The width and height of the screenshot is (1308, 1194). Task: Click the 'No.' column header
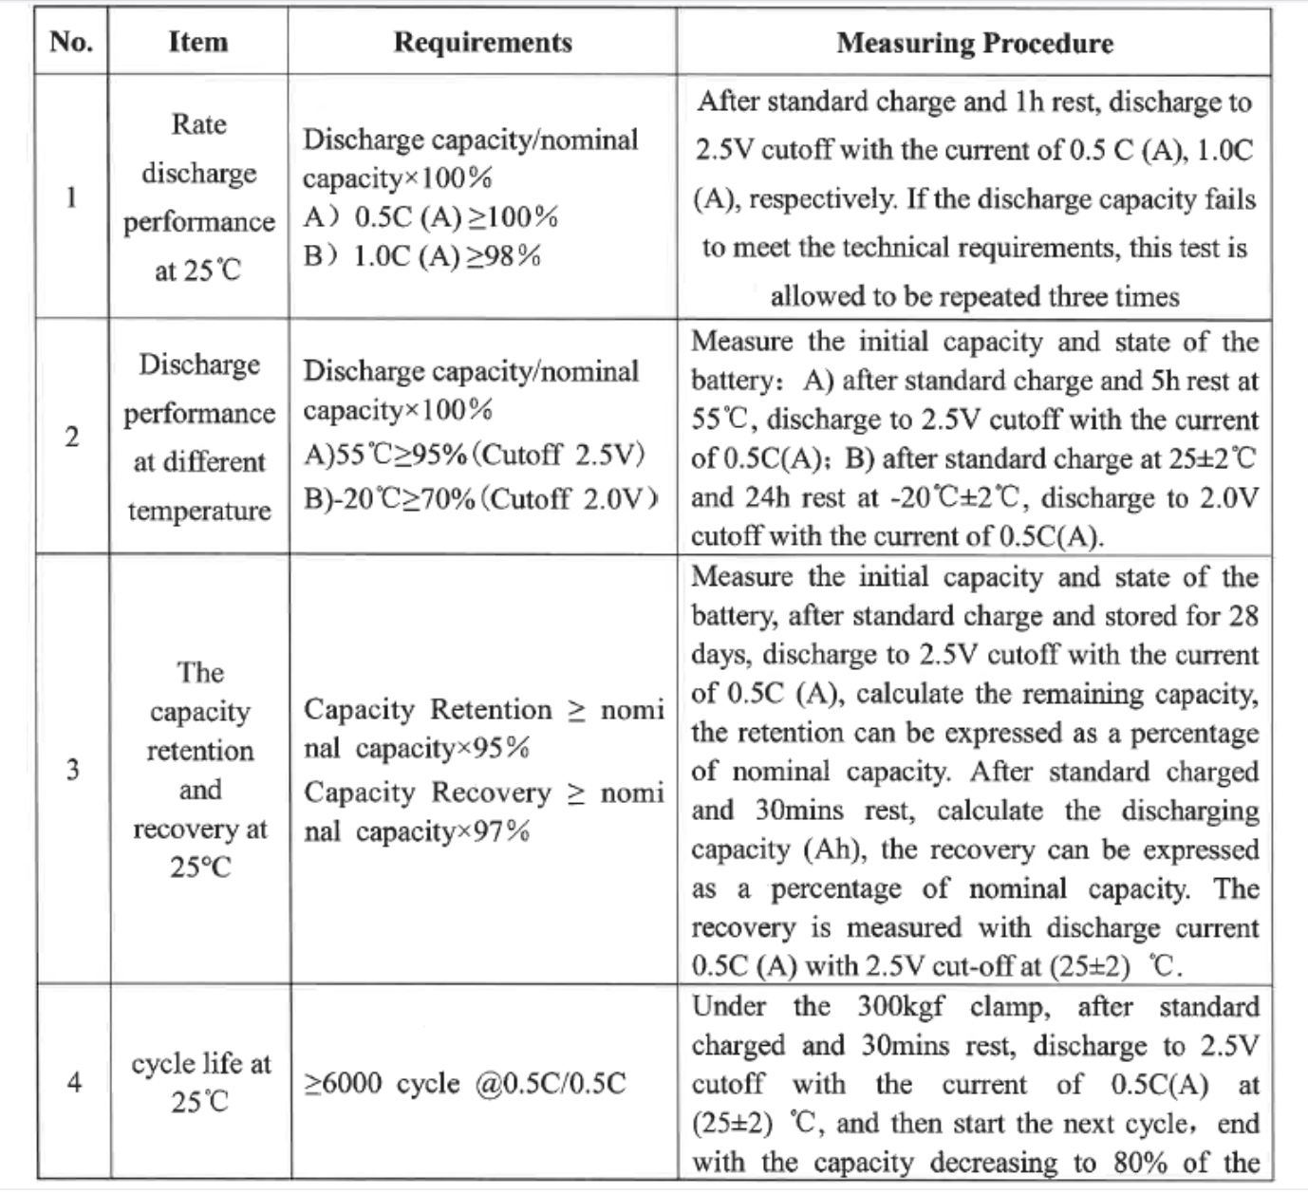(x=71, y=42)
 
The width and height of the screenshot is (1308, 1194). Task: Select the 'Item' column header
(x=197, y=42)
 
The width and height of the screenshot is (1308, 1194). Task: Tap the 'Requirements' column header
(x=482, y=43)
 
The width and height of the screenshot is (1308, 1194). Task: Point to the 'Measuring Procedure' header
(x=974, y=43)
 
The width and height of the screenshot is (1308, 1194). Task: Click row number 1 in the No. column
(x=71, y=197)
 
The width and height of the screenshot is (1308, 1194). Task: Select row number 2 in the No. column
(x=71, y=438)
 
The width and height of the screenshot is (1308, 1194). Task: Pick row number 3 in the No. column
(x=72, y=770)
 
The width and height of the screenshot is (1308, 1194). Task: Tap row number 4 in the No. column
(x=72, y=1083)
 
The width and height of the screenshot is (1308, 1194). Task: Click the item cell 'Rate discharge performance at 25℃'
(x=198, y=197)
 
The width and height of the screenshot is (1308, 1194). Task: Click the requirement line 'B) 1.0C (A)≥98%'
(x=422, y=256)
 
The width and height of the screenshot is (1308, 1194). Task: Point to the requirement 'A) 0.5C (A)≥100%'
(x=431, y=217)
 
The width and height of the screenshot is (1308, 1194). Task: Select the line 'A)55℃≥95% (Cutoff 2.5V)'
(x=474, y=455)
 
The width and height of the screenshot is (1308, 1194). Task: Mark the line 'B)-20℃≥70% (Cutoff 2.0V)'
(x=481, y=498)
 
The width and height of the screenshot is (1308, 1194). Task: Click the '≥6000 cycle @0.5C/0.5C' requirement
(x=465, y=1084)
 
